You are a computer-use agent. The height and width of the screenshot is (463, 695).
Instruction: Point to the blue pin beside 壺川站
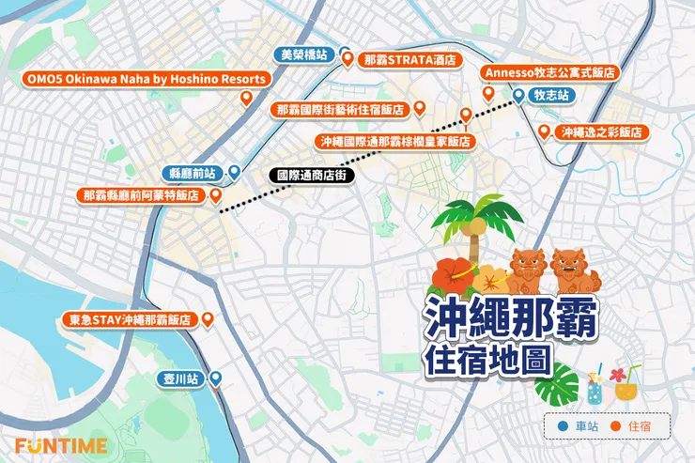click(x=215, y=378)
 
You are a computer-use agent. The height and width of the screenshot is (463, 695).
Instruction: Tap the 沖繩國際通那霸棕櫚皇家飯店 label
click(x=394, y=141)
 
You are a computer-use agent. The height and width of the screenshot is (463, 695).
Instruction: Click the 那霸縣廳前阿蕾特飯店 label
click(x=141, y=195)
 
